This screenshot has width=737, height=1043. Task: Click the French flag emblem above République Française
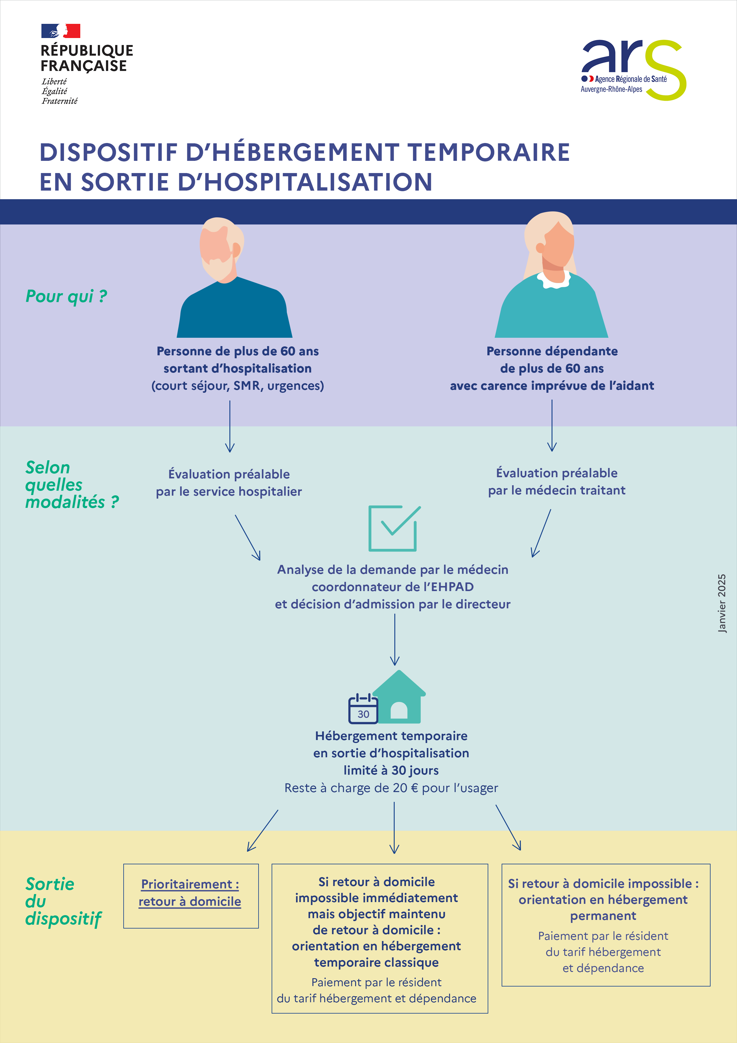click(61, 31)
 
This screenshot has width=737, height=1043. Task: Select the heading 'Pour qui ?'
click(66, 296)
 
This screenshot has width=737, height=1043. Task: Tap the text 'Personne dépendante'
click(552, 351)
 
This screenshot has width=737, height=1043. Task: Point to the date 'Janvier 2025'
click(722, 603)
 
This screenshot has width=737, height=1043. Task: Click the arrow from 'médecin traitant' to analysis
click(541, 533)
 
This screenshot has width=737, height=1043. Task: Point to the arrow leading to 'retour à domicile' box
click(262, 830)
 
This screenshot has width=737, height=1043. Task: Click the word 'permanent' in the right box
click(603, 916)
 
